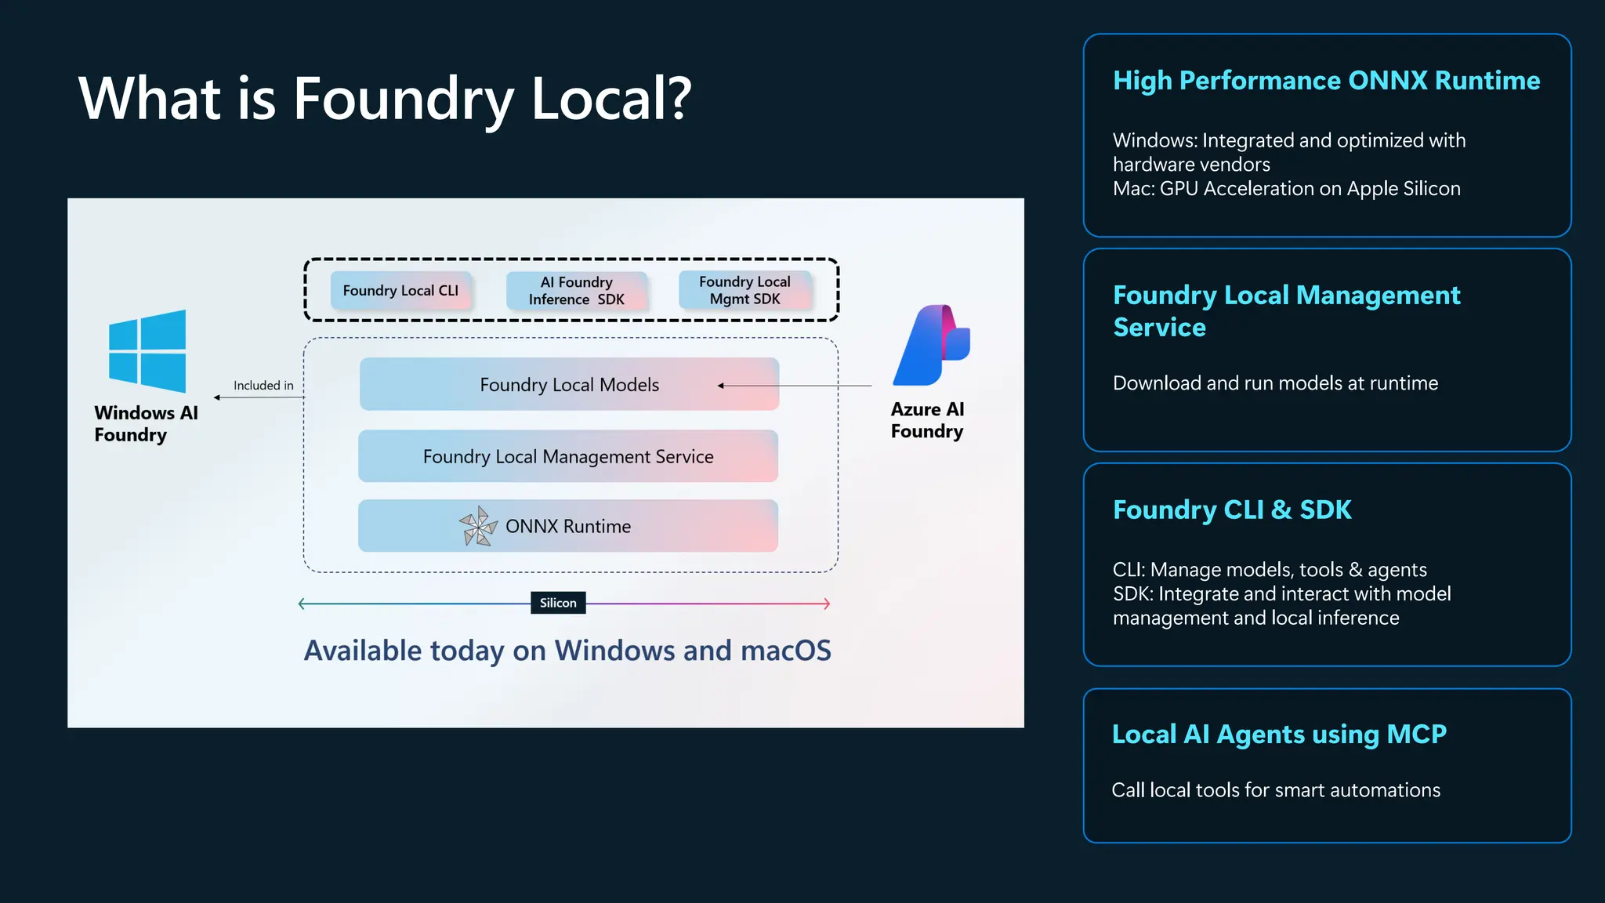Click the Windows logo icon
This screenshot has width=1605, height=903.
(147, 351)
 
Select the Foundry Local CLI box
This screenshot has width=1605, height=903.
(400, 291)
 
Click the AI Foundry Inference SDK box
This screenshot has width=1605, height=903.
(577, 291)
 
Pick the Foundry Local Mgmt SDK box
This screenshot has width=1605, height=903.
(745, 290)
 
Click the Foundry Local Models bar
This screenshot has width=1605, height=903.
(569, 384)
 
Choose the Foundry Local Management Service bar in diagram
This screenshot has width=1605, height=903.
(568, 456)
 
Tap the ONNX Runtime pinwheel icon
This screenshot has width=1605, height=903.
(478, 526)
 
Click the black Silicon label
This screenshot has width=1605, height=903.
(558, 603)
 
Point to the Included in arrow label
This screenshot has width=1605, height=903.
(263, 386)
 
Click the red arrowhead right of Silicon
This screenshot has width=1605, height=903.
(826, 604)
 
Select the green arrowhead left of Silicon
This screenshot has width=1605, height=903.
(303, 604)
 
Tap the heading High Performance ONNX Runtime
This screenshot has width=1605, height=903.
(1326, 81)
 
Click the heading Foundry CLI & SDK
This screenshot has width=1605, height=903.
(1232, 510)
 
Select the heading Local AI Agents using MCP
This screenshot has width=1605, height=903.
(1279, 734)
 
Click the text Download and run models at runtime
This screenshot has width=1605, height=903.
(1275, 383)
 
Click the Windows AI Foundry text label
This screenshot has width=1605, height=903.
(146, 424)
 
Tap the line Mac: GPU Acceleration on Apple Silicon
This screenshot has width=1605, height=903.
(1286, 189)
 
